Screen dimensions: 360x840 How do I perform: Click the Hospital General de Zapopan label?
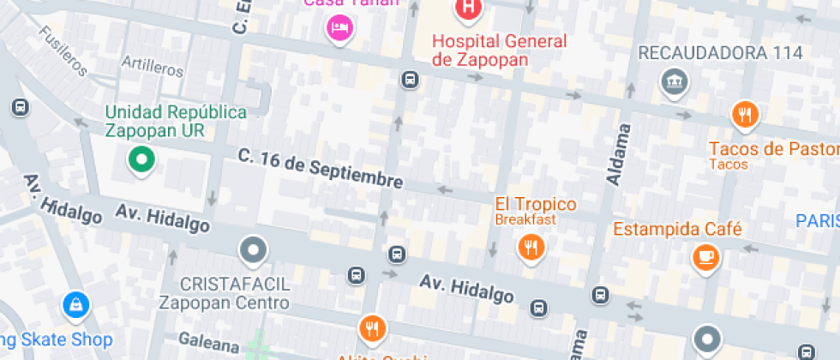[499, 50]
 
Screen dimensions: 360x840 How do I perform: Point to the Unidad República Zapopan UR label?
[175, 121]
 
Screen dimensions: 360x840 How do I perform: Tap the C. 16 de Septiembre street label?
[321, 168]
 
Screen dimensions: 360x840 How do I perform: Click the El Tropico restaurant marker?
[531, 248]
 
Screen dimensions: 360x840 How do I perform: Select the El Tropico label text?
[536, 205]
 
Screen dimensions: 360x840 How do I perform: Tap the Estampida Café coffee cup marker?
[705, 255]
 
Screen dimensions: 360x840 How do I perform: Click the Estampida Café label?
[677, 229]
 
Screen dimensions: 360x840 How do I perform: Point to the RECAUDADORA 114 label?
[721, 53]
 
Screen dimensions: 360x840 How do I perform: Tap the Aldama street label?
[615, 154]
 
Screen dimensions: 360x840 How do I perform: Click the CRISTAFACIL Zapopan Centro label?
[224, 292]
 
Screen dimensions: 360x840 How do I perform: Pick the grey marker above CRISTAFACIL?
[254, 250]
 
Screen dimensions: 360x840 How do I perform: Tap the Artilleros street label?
[153, 65]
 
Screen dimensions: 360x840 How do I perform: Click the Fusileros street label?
[63, 51]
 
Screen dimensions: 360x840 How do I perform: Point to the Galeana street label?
[209, 345]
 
